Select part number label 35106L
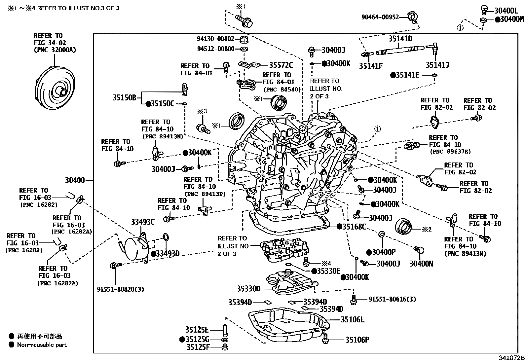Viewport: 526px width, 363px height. [x=353, y=319]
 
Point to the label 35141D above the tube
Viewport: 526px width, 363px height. [x=400, y=39]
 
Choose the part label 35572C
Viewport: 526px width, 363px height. [x=281, y=65]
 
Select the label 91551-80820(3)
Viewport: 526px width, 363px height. [x=120, y=289]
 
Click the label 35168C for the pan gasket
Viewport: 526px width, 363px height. [x=354, y=227]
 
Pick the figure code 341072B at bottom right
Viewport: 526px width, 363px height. [x=511, y=358]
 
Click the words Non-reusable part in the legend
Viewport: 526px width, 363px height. [x=42, y=345]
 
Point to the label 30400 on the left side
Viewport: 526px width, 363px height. [x=75, y=180]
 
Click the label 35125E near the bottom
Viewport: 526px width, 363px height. [x=197, y=330]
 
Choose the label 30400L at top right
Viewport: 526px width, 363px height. [x=506, y=11]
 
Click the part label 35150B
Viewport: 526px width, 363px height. [x=124, y=98]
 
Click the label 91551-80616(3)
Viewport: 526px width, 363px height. [x=392, y=299]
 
